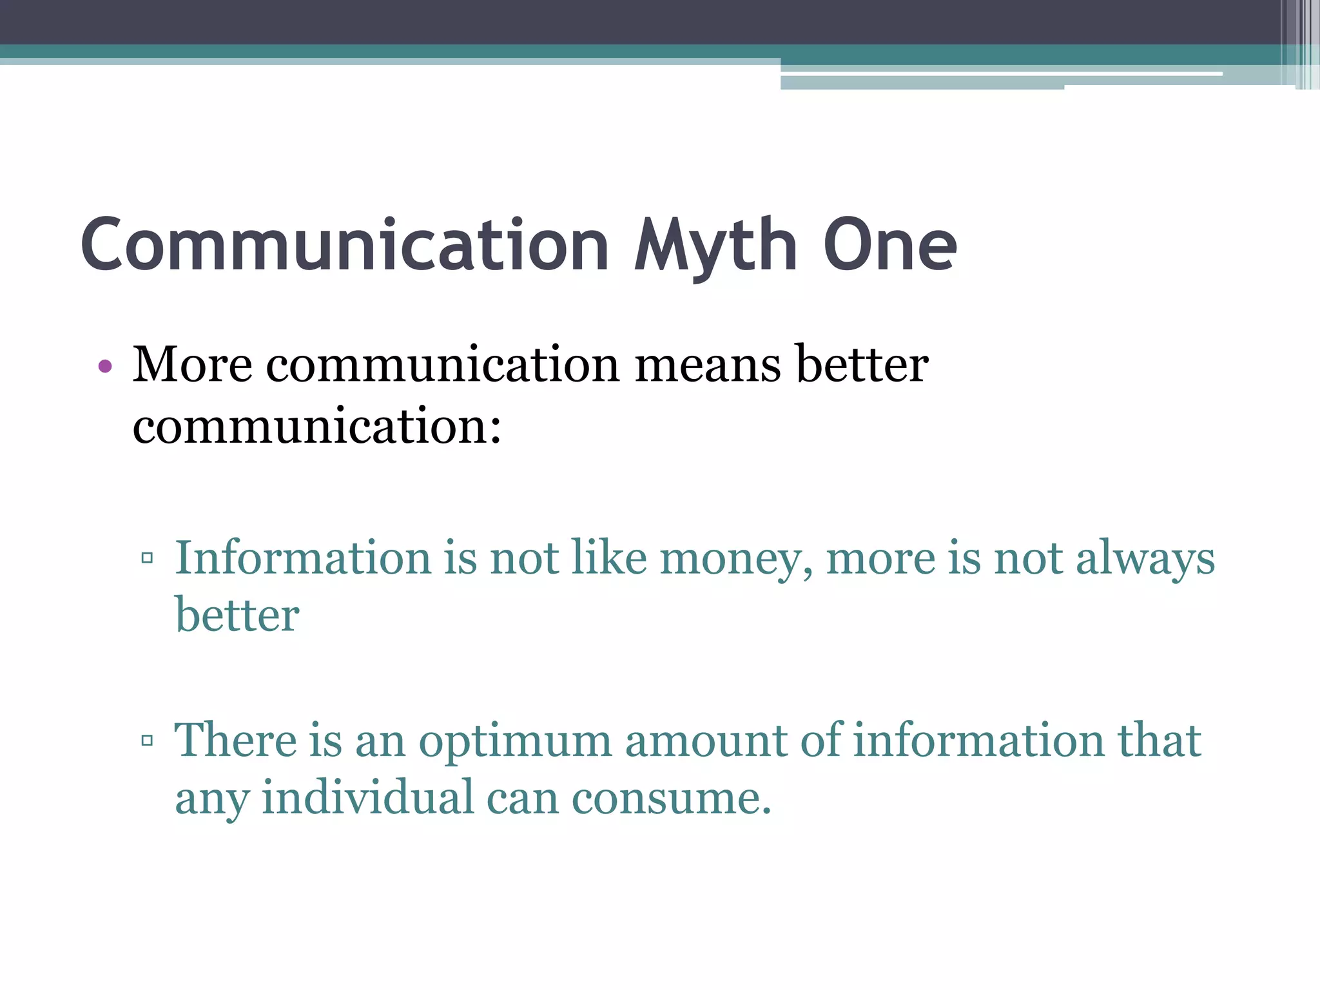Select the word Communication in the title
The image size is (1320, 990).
(345, 245)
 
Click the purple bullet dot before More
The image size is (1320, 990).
(105, 367)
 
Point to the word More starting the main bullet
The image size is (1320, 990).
(192, 365)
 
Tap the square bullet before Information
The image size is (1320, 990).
(147, 558)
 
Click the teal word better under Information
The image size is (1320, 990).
(237, 615)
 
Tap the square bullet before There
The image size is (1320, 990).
(147, 740)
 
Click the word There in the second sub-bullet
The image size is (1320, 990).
(235, 740)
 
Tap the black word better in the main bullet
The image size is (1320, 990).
(862, 365)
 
